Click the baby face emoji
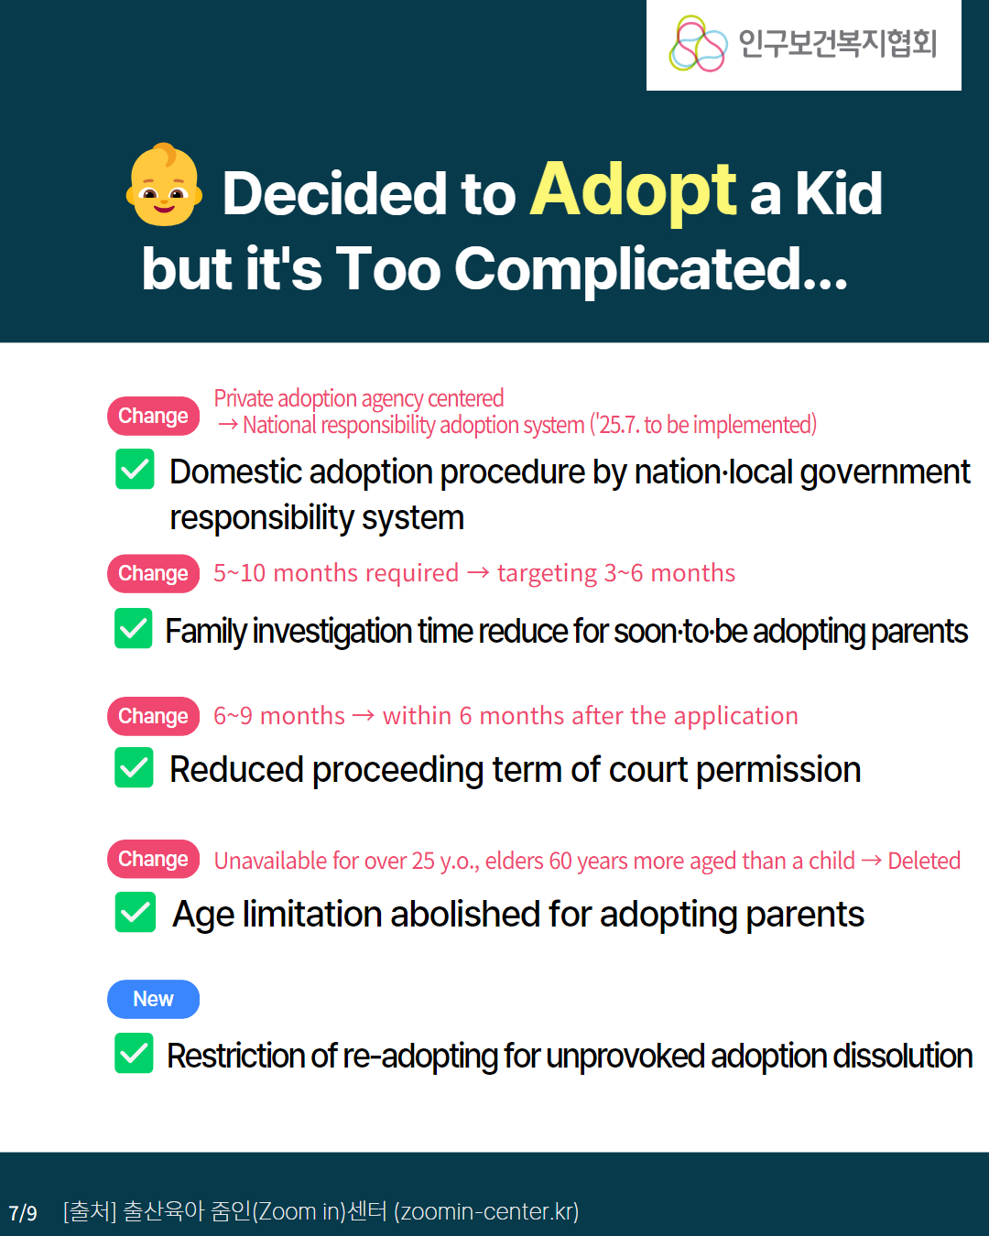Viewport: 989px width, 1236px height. [x=164, y=184]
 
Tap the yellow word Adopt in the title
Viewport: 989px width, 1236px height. [x=633, y=190]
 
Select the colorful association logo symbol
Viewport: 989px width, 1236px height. [x=698, y=44]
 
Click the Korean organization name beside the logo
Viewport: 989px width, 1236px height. [x=838, y=44]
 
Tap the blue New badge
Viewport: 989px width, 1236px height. [x=154, y=999]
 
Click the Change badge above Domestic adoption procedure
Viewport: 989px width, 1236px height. [x=154, y=416]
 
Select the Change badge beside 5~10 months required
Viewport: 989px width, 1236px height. [x=154, y=573]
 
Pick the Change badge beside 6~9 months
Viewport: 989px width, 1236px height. [x=154, y=716]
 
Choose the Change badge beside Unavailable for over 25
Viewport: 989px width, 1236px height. [x=154, y=859]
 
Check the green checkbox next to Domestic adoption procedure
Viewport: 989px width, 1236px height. [x=135, y=469]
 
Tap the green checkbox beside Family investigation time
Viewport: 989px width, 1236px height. [x=134, y=628]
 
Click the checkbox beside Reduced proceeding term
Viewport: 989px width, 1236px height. [x=134, y=767]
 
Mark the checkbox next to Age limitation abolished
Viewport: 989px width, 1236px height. [x=135, y=912]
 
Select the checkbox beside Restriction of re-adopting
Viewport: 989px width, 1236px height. [x=134, y=1053]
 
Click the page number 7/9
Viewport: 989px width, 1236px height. [x=23, y=1213]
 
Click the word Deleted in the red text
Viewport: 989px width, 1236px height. [x=924, y=861]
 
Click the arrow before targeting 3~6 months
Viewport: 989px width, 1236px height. [x=478, y=572]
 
